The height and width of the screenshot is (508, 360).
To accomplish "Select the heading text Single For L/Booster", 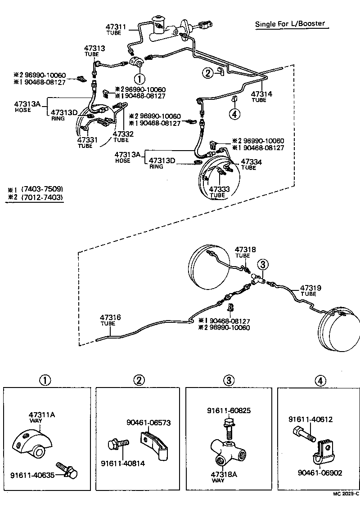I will (x=290, y=24).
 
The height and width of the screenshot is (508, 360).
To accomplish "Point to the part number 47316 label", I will (x=110, y=317).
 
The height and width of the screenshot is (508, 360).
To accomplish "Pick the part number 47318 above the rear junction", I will (x=245, y=249).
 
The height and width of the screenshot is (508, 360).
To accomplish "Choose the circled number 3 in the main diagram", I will (x=263, y=264).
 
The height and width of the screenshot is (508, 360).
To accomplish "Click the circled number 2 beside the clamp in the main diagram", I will (x=207, y=73).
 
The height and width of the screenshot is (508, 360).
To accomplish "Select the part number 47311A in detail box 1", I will (x=42, y=414).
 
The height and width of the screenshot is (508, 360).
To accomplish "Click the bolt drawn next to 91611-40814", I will (x=115, y=445).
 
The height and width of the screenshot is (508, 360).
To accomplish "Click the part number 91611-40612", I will (x=310, y=419).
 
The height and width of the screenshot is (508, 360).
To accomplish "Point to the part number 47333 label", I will (x=218, y=189).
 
